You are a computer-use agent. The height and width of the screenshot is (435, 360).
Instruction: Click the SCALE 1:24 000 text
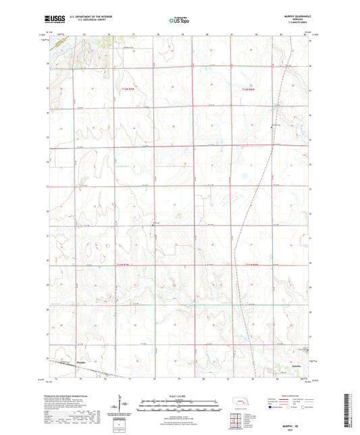179,395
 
